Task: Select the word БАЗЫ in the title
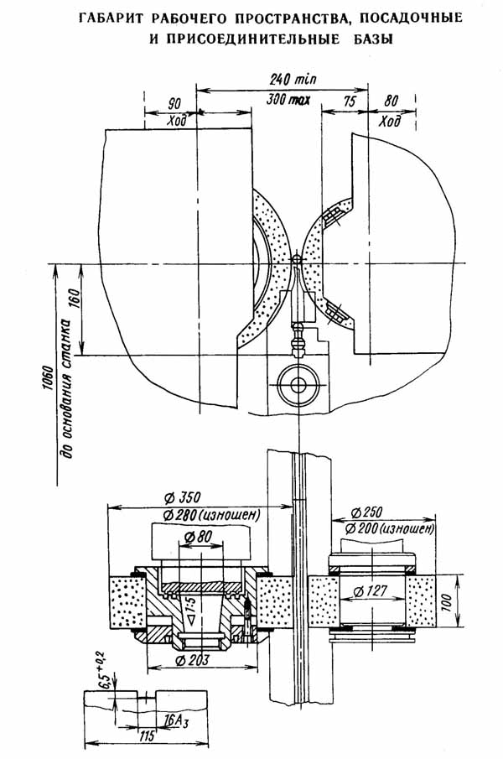tap(371, 39)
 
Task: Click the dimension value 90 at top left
tap(175, 105)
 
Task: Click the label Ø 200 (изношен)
tap(389, 529)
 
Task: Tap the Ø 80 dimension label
tap(200, 537)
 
